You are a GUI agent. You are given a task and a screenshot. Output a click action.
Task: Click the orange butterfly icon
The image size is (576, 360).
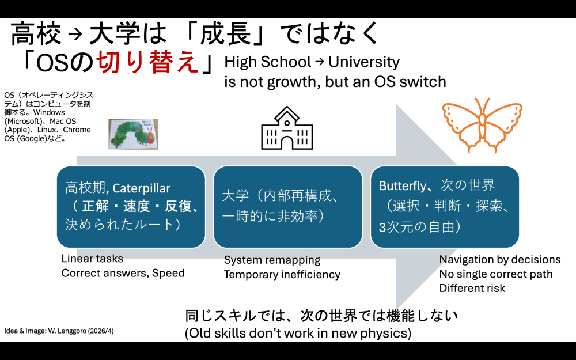(x=481, y=125)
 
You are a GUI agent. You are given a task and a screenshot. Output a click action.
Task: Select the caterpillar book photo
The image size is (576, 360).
(x=134, y=134)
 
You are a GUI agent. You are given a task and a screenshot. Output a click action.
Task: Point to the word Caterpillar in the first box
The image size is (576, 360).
(x=142, y=188)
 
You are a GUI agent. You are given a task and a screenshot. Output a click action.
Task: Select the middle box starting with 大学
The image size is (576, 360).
(x=287, y=206)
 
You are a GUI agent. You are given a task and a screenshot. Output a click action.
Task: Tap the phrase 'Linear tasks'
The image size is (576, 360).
(x=92, y=259)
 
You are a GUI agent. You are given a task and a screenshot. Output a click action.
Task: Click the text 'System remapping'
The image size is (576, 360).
(x=272, y=260)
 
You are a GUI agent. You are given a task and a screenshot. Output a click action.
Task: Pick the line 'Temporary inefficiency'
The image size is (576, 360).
(x=282, y=274)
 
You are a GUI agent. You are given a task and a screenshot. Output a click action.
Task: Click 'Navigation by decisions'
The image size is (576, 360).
(x=499, y=259)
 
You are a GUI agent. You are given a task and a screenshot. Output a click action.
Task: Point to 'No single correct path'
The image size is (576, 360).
(x=495, y=274)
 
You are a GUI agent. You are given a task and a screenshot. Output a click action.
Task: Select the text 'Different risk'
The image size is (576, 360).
(x=472, y=287)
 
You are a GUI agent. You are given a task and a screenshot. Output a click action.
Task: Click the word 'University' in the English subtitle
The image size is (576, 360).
(x=364, y=62)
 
